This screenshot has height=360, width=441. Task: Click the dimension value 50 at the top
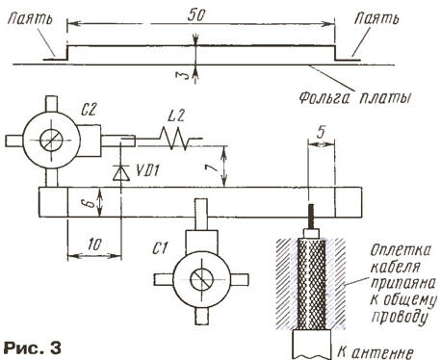(x=196, y=14)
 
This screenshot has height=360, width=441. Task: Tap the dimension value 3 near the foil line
(x=183, y=76)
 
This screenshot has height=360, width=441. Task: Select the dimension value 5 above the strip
(x=321, y=132)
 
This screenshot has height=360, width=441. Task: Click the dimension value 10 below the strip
(x=94, y=245)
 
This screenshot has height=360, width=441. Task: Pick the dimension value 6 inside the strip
(x=92, y=203)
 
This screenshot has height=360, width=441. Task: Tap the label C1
(x=160, y=248)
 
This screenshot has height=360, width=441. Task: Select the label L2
(x=176, y=116)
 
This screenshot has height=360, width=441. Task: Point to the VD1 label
(x=147, y=170)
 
